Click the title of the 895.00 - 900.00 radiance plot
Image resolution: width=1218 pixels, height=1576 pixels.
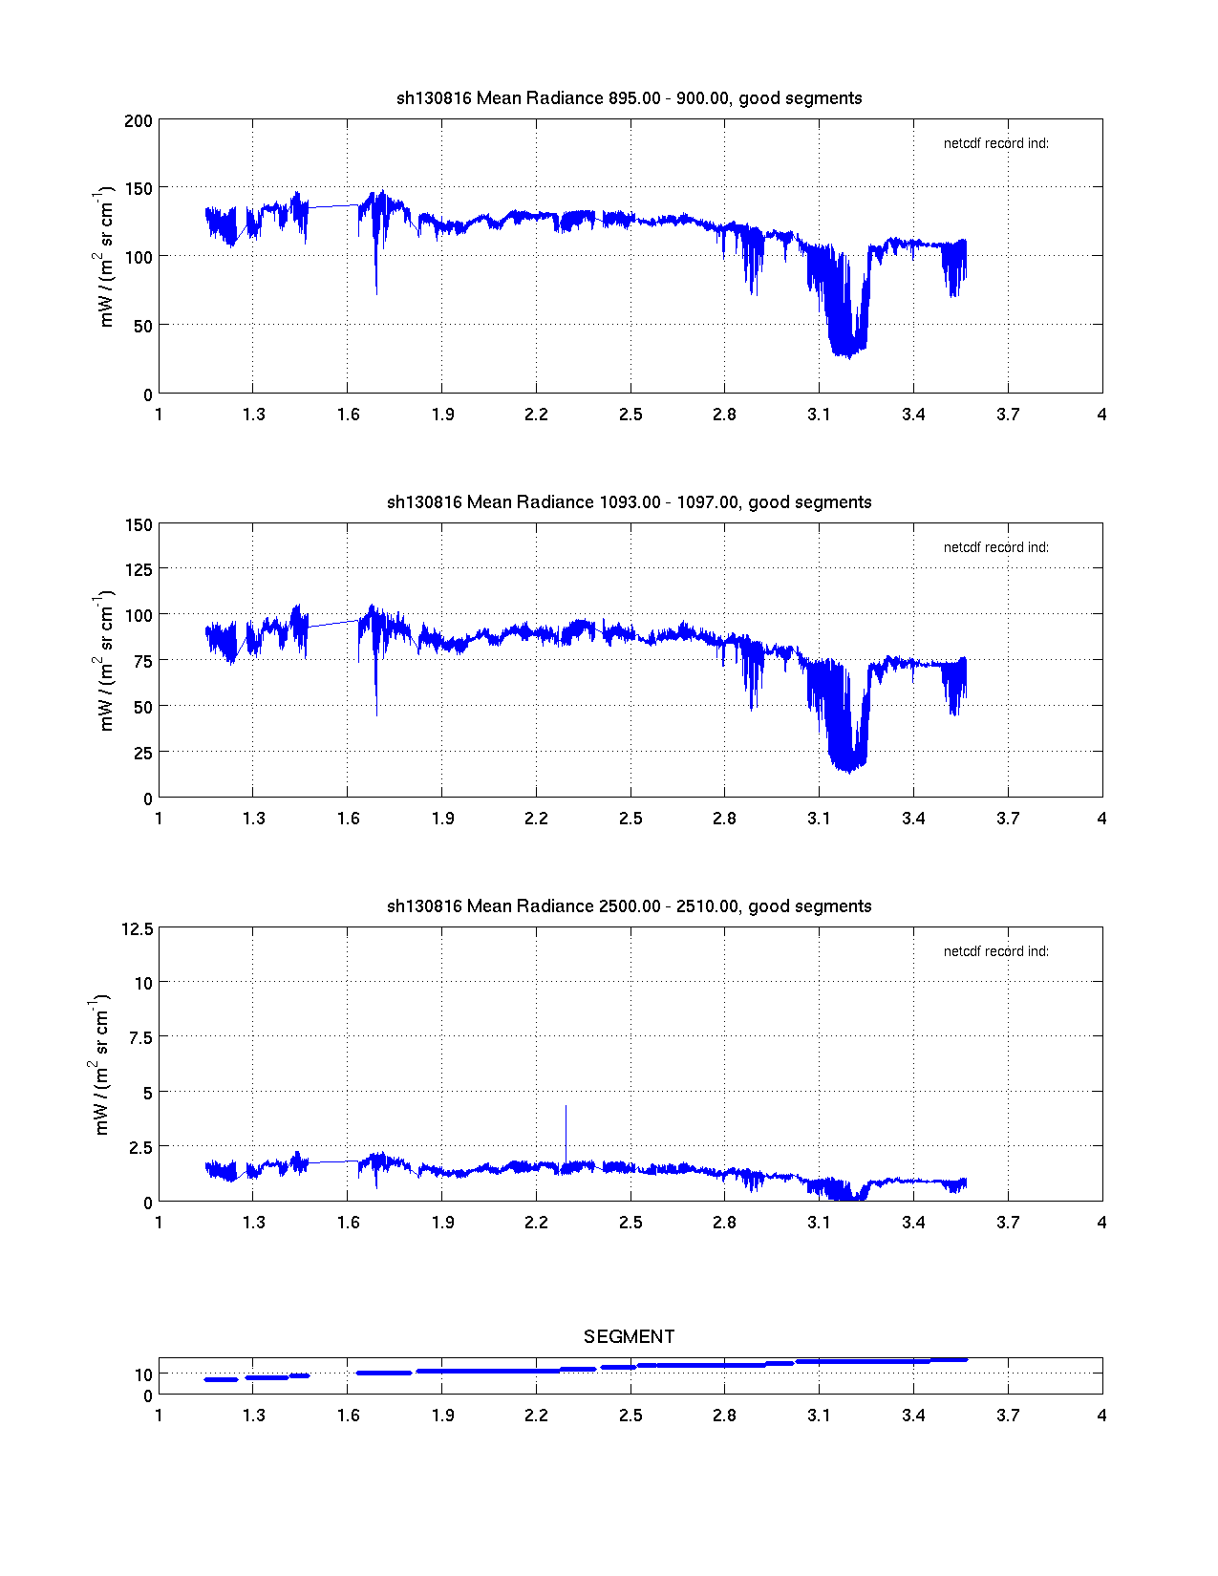[x=629, y=98]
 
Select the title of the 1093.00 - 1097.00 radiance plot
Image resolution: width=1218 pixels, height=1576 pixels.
[x=629, y=502]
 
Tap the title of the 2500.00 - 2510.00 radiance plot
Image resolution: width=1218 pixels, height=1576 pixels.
[x=629, y=906]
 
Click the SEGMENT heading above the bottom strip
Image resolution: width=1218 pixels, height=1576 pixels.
[x=629, y=1336]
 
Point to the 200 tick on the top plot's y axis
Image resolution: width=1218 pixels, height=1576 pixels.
[x=139, y=120]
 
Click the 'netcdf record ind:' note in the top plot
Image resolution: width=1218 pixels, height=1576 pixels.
[x=995, y=143]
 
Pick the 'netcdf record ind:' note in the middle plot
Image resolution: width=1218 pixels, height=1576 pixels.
[x=995, y=547]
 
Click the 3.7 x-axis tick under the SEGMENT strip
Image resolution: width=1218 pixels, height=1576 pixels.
[x=1008, y=1416]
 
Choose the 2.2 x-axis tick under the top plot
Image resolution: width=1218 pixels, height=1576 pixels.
[x=536, y=415]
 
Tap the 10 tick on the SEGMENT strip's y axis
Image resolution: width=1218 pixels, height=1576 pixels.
[x=143, y=1375]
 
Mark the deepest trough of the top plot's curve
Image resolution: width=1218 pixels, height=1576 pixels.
[x=847, y=355]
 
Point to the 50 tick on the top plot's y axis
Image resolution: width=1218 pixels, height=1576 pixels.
[x=141, y=326]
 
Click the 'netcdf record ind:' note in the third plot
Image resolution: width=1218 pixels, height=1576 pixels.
[x=995, y=951]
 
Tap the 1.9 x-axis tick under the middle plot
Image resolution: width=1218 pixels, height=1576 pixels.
[x=442, y=819]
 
